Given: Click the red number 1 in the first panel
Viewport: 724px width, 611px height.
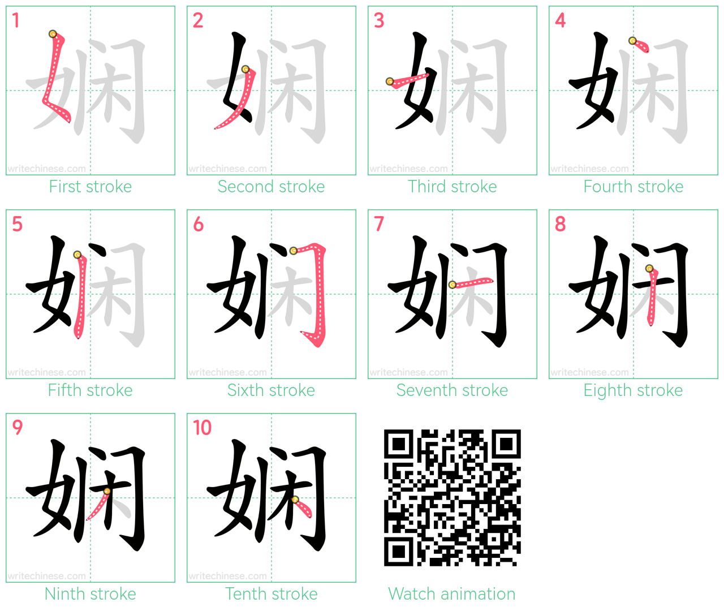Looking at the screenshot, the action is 15,20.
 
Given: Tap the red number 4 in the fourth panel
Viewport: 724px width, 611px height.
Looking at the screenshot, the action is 560,20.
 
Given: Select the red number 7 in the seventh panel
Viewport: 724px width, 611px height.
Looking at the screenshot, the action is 378,224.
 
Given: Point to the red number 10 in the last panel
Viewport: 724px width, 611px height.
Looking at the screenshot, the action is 202,428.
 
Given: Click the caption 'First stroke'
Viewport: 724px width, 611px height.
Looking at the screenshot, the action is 90,187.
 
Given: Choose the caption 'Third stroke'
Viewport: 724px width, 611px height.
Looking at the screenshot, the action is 452,187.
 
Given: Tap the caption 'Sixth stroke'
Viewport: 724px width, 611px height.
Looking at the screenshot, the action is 271,390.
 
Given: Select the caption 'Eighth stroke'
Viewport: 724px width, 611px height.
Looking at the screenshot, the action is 633,390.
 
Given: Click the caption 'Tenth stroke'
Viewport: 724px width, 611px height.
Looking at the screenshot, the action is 271,593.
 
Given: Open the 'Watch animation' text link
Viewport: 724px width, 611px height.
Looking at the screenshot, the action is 452,593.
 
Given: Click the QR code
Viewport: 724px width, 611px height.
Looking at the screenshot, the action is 452,498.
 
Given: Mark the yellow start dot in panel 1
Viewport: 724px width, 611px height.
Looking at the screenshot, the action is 53,34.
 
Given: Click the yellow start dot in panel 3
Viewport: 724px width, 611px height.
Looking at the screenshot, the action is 389,81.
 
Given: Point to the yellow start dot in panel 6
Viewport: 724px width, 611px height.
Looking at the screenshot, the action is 294,251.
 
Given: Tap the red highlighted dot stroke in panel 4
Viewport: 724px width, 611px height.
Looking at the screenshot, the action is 640,46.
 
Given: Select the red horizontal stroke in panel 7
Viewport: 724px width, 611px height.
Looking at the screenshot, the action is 472,283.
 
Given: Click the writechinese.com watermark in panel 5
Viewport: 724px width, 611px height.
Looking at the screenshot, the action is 46,372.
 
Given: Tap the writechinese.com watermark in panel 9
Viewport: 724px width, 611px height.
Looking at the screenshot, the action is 46,575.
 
